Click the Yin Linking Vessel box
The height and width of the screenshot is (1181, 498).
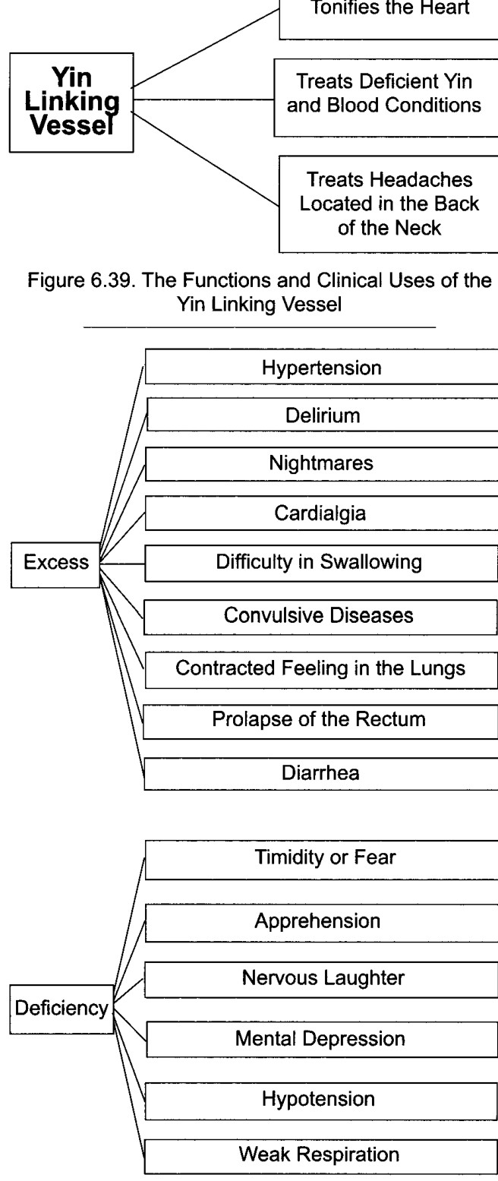[x=71, y=103]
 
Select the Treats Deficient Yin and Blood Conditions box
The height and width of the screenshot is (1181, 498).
[x=386, y=97]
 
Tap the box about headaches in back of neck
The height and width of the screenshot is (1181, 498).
[x=389, y=204]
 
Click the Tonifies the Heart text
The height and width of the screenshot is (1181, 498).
[x=390, y=8]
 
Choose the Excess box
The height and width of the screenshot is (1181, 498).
[x=55, y=564]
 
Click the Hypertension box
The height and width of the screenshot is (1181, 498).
[x=321, y=366]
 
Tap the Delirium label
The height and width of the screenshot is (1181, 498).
[x=323, y=415]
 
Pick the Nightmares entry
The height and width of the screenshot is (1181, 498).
[x=321, y=464]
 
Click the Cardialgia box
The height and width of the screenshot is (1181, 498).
[x=321, y=513]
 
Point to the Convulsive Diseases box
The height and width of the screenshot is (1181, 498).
[x=320, y=617]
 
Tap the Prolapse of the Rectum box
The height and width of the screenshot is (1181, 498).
[x=320, y=722]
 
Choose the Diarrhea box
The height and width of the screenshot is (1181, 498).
[x=320, y=773]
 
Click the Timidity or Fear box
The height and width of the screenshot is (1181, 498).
[x=321, y=860]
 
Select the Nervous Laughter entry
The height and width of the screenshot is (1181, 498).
[x=323, y=978]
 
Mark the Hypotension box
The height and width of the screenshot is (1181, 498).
[x=321, y=1100]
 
